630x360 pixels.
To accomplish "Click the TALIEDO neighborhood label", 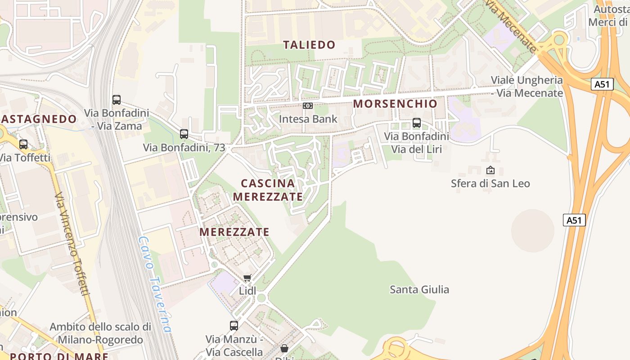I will click(x=309, y=45).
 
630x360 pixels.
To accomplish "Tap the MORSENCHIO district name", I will click(x=395, y=103).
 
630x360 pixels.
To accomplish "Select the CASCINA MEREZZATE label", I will click(x=268, y=190).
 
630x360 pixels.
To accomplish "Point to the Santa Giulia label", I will click(x=419, y=289).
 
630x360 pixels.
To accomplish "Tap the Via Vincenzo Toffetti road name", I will click(x=72, y=243).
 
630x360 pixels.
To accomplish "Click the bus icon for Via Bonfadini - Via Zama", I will click(x=117, y=99).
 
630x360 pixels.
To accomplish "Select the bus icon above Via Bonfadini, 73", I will click(x=184, y=134).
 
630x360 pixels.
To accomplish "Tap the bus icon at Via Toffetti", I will click(x=23, y=144).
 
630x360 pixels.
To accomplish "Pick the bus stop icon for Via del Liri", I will click(x=417, y=122).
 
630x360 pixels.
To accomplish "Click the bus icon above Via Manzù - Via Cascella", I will click(x=234, y=325).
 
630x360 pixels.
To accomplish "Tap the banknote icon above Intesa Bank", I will click(x=308, y=106).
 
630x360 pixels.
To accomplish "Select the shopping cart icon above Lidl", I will click(x=247, y=278).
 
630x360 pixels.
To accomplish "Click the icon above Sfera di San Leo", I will click(x=490, y=170).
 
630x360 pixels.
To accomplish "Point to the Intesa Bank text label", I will click(x=308, y=119).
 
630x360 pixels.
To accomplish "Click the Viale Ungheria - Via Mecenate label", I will click(x=526, y=86).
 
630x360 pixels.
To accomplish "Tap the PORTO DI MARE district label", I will click(x=59, y=356).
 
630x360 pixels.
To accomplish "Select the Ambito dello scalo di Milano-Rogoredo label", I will click(x=100, y=333).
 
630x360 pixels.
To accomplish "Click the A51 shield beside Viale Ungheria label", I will click(x=602, y=84).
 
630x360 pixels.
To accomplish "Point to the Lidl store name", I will click(x=247, y=291).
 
